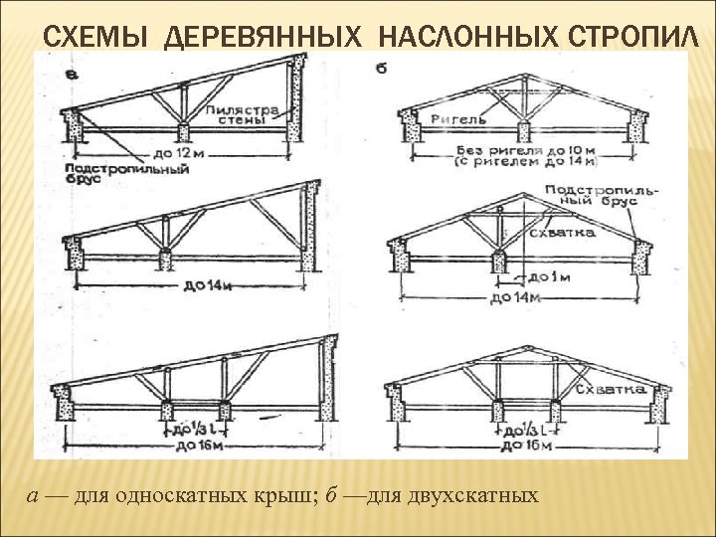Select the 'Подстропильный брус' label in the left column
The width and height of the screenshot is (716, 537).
[126, 175]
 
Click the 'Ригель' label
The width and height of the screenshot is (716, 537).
[458, 119]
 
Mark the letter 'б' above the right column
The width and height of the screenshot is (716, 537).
[382, 69]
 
